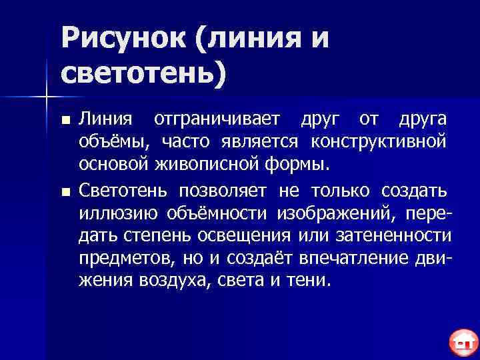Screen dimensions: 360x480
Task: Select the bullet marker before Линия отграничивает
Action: pos(65,121)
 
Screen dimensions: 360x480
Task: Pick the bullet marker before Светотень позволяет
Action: pos(65,193)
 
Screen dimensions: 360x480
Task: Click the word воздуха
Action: pos(175,280)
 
